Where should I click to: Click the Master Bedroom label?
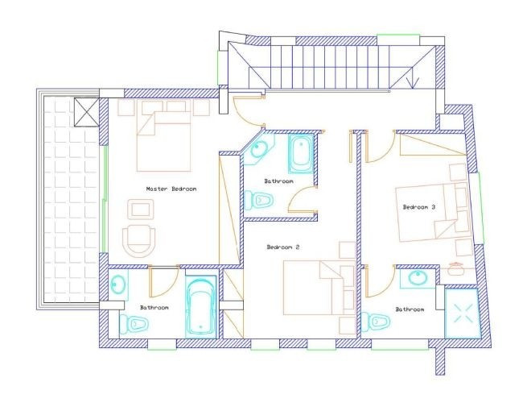[171, 189]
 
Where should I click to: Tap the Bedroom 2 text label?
[282, 247]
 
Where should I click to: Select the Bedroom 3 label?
[418, 207]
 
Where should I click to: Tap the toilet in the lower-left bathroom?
[136, 324]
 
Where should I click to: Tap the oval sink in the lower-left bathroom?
[118, 284]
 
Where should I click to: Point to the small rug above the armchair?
[142, 210]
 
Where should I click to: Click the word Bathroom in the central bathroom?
[278, 181]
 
